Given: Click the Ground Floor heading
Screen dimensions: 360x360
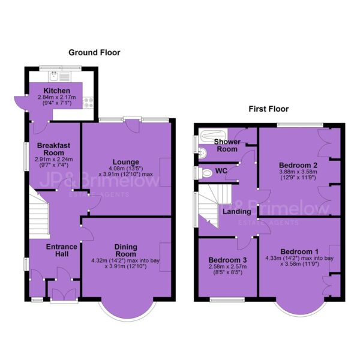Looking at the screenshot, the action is [x=94, y=53].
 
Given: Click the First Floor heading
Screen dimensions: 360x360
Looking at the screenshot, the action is [x=269, y=109].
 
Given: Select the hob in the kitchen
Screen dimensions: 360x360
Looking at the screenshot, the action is [x=88, y=103].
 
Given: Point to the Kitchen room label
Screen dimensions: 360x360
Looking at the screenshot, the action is [x=57, y=91].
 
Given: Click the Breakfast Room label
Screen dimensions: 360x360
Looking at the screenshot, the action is [x=54, y=149].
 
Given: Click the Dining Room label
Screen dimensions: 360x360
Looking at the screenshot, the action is [x=126, y=250].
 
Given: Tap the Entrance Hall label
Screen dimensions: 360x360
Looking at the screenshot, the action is [x=62, y=250].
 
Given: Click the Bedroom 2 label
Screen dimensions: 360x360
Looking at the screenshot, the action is [x=298, y=165].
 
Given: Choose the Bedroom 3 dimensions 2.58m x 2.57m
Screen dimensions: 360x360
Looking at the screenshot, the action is [x=227, y=266].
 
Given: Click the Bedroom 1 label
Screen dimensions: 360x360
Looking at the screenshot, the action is [x=299, y=251].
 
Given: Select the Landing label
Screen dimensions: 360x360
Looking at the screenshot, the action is [x=237, y=211].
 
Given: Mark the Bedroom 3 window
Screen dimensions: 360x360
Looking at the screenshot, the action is [x=227, y=299].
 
